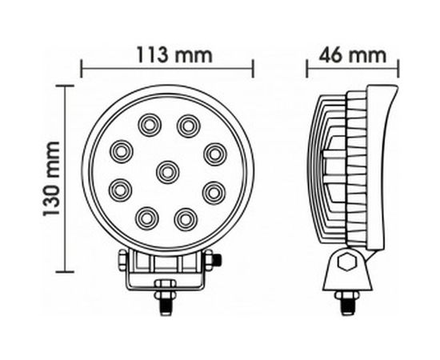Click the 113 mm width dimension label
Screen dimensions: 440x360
click(x=174, y=55)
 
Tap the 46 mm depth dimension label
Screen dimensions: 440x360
click(x=352, y=55)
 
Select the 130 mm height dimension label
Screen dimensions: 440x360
click(x=51, y=178)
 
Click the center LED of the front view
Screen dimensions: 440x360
click(x=167, y=172)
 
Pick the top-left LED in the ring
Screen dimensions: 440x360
click(x=150, y=125)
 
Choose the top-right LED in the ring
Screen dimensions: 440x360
click(x=188, y=126)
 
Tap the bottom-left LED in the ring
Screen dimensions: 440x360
click(x=146, y=218)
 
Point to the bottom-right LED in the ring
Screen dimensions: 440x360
click(x=186, y=219)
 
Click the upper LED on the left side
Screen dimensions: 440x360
click(x=121, y=151)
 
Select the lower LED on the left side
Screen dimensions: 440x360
click(x=120, y=190)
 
